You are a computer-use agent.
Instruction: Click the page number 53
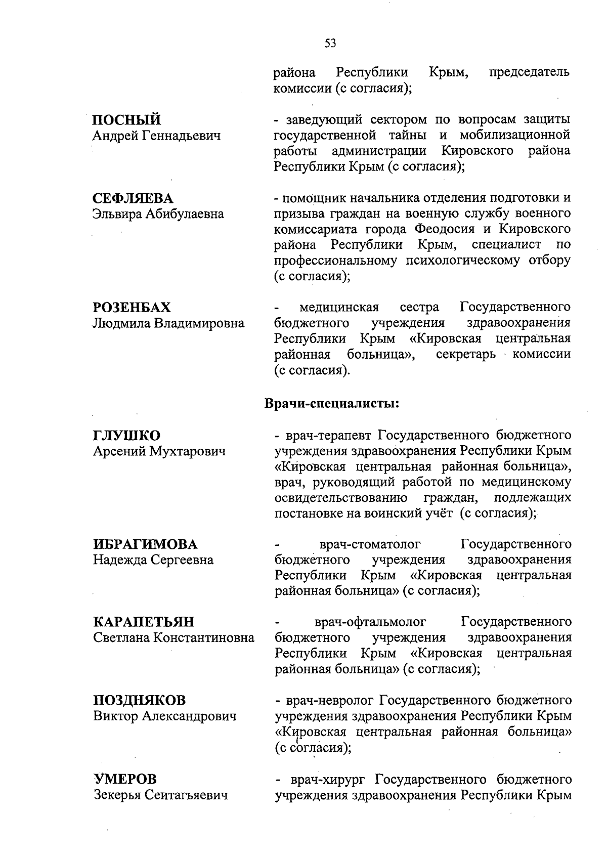point(330,44)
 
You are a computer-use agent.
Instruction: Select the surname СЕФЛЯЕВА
point(133,198)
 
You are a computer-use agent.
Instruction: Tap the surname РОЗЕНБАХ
point(132,308)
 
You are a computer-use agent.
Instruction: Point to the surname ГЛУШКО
point(126,436)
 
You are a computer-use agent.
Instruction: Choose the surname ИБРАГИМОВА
point(145,545)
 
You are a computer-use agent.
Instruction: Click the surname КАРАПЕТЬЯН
point(144,622)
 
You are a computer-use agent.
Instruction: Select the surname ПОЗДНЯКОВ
point(140,701)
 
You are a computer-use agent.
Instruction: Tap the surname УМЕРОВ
point(125,779)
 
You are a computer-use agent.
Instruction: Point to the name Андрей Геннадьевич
point(157,136)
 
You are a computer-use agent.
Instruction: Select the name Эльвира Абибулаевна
point(158,214)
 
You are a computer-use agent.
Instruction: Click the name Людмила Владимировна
point(168,323)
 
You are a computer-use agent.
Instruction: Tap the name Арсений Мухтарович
point(159,451)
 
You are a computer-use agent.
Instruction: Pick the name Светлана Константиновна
point(174,638)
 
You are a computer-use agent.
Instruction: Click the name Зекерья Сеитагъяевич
point(160,795)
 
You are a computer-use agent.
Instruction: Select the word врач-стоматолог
point(371,545)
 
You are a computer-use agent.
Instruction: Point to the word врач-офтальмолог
point(370,622)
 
